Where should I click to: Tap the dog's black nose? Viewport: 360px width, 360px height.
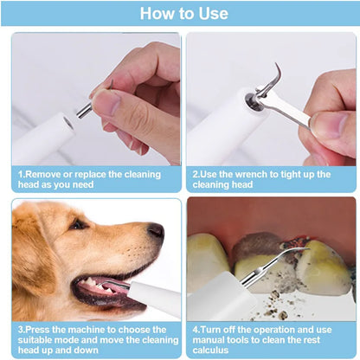point(156,231)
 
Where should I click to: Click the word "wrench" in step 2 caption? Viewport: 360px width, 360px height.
point(254,174)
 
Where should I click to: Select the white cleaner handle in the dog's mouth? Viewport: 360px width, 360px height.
point(156,299)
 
